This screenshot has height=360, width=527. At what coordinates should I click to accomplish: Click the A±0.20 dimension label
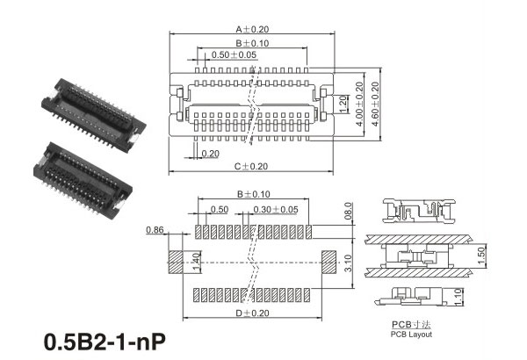click(252, 29)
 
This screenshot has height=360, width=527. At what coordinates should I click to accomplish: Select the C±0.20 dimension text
click(251, 166)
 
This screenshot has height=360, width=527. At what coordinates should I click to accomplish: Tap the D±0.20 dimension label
click(252, 313)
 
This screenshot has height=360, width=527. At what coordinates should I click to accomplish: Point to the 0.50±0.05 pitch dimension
click(234, 54)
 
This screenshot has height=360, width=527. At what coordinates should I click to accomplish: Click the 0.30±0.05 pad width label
click(276, 209)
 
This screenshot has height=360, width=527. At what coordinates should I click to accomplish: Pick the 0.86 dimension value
click(155, 230)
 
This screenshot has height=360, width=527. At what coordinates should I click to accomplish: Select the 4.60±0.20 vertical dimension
click(375, 104)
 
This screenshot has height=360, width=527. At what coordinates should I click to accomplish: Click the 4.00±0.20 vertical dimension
click(359, 104)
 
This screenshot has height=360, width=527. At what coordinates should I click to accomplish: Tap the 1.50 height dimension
click(481, 256)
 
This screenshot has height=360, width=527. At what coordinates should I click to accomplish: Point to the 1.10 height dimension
click(458, 297)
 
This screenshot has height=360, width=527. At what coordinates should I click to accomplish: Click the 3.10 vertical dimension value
click(349, 263)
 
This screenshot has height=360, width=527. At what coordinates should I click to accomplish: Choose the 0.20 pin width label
click(210, 154)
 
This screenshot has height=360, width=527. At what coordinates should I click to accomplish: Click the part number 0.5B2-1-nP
click(105, 342)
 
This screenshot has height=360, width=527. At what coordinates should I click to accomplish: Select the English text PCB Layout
click(411, 335)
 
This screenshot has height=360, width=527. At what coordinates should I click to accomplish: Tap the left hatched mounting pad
click(175, 261)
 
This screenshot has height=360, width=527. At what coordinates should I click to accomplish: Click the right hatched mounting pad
click(328, 261)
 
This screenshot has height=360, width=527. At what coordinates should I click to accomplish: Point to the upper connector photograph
click(93, 115)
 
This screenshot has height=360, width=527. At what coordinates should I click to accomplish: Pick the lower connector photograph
click(83, 180)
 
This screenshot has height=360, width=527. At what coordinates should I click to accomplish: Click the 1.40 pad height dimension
click(196, 262)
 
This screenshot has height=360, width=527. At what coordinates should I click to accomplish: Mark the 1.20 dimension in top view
click(343, 104)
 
